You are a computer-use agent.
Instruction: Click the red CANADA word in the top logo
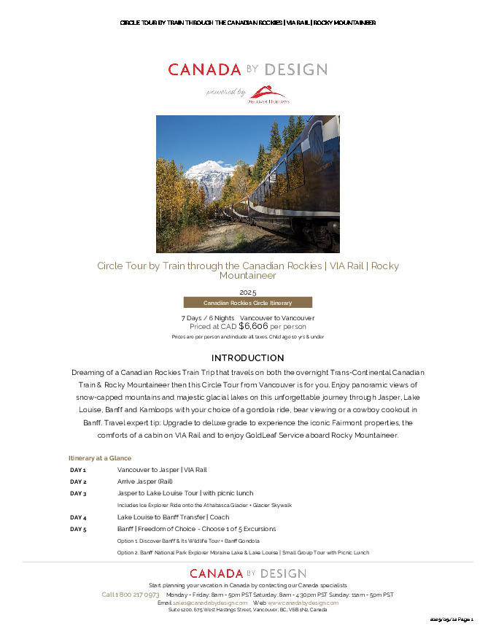pos(204,70)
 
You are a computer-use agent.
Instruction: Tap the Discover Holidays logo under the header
pos(271,94)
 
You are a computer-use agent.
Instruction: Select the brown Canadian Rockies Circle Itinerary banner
pos(247,303)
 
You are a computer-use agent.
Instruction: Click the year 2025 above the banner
pos(248,293)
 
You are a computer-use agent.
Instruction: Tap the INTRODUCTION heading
pos(247,358)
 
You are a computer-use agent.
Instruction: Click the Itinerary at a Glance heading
pos(100,457)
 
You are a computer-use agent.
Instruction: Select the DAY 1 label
pos(78,470)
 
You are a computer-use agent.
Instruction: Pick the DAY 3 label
pos(78,493)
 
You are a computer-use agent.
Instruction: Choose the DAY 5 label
pos(78,529)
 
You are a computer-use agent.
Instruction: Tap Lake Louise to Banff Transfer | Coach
pos(173,517)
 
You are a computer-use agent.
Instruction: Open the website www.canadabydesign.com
pos(303,603)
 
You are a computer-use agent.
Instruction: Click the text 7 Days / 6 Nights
pos(207,318)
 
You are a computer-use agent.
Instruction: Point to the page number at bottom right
pos(452,619)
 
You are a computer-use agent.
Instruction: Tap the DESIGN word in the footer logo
pos(281,573)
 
